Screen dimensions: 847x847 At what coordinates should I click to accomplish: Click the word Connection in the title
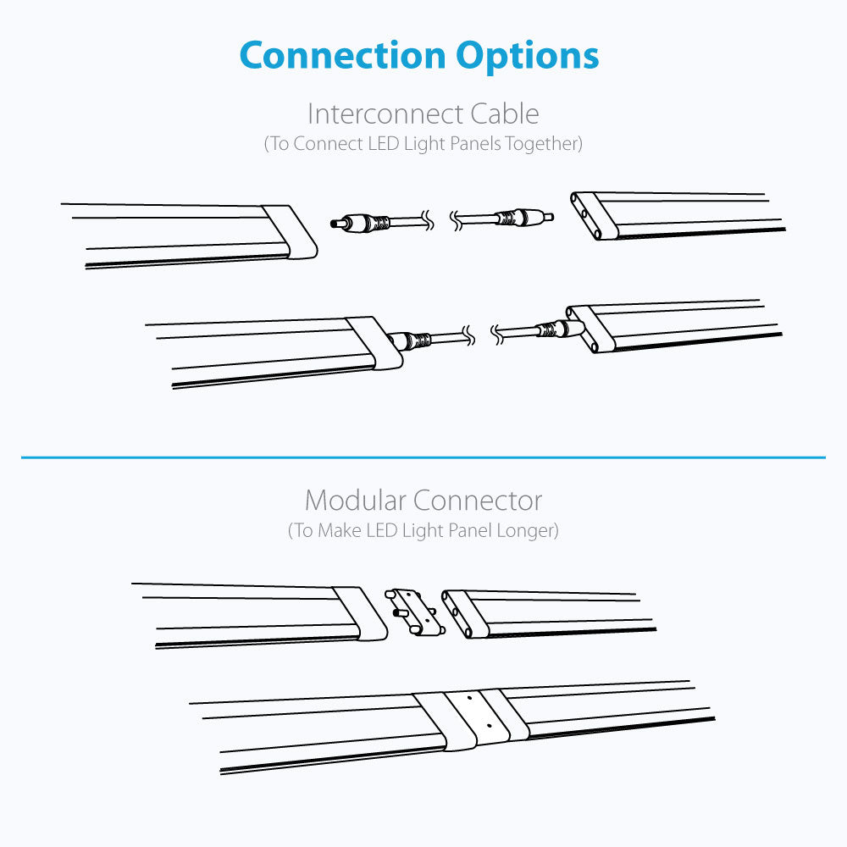point(342,56)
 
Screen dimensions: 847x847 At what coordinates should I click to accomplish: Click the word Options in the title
point(527,57)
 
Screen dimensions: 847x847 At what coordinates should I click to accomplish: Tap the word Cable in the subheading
point(505,114)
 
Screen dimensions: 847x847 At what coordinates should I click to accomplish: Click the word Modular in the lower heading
point(355,501)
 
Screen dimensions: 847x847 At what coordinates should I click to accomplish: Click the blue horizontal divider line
point(423,457)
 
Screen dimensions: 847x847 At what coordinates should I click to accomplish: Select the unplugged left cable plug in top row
point(359,222)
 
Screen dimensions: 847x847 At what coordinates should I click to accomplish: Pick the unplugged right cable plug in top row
point(525,217)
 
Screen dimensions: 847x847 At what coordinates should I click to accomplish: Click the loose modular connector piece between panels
point(415,612)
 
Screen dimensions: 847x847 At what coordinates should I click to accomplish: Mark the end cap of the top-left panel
point(290,232)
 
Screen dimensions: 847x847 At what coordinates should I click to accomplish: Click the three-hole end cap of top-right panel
point(595,215)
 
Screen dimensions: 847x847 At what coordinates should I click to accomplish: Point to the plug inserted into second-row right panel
point(560,329)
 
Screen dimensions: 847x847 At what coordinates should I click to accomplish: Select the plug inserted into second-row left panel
point(409,340)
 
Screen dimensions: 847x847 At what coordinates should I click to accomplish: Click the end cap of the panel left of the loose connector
point(360,613)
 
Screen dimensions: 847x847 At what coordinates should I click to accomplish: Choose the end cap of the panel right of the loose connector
point(465,614)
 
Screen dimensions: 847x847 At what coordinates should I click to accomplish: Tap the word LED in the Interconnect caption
point(383,144)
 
